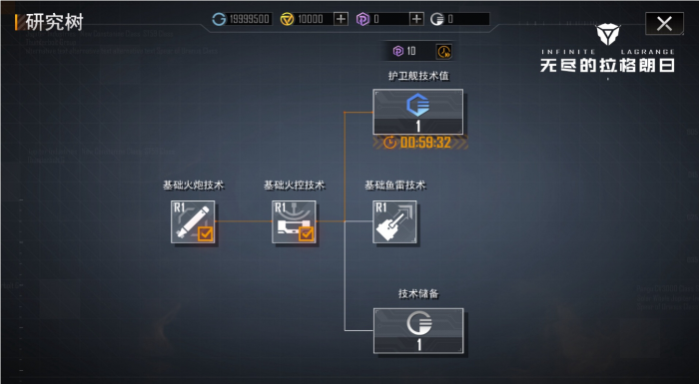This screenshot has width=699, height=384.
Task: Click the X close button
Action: [664, 22]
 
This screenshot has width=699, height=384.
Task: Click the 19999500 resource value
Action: [248, 19]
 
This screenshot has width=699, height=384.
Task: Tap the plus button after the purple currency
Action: [416, 19]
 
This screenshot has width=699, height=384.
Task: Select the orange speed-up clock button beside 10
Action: [443, 51]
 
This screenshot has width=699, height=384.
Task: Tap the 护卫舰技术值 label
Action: [417, 76]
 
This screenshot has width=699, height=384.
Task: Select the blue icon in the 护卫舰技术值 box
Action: [417, 105]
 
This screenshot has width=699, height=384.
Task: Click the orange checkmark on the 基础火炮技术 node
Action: [205, 234]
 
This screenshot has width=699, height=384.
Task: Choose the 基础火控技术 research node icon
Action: [294, 221]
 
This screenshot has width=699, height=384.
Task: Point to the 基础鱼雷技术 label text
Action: [394, 186]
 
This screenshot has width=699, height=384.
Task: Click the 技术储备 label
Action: [418, 294]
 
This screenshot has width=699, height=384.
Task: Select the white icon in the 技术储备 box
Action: [417, 323]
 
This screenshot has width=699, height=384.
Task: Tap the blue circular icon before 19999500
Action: [220, 19]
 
